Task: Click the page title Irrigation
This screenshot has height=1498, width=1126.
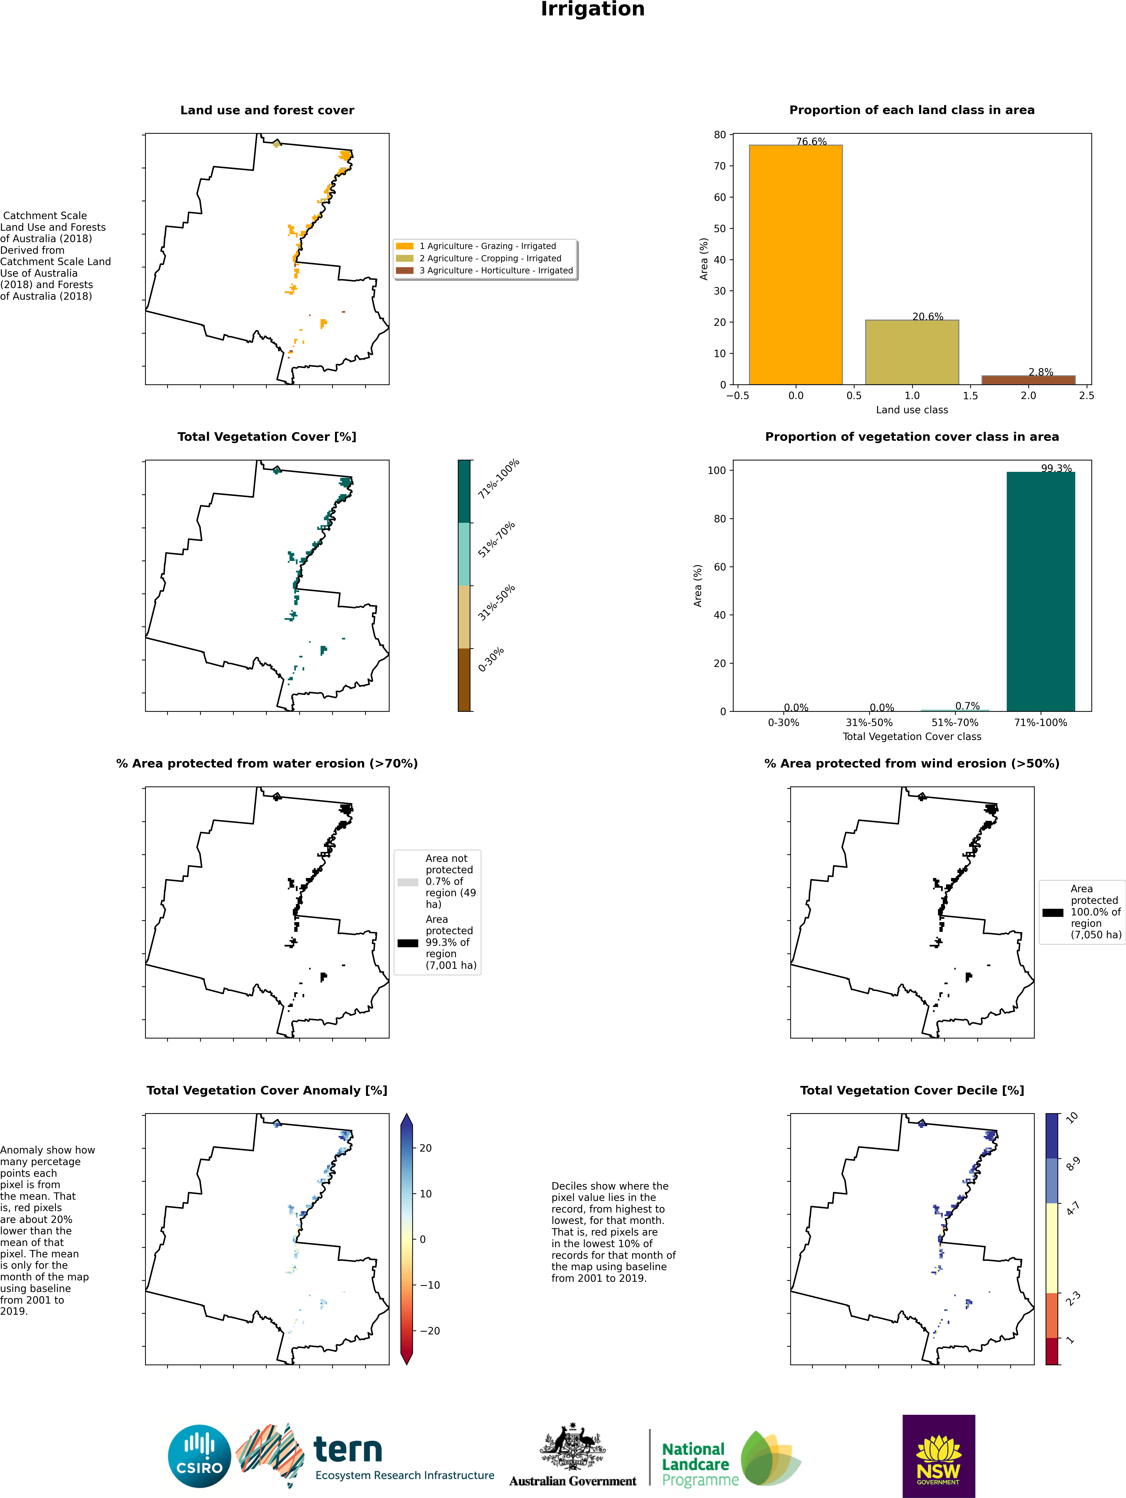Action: (593, 9)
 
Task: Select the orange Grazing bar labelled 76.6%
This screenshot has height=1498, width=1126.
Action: (795, 264)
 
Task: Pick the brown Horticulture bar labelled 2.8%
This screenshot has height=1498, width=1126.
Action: (1028, 380)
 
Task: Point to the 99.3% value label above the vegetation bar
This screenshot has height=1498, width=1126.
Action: (1056, 468)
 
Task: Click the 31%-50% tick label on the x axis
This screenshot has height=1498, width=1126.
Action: (869, 723)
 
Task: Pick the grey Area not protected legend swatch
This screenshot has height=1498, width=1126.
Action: (408, 882)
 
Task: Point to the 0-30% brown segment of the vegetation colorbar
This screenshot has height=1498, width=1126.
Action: (464, 679)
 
